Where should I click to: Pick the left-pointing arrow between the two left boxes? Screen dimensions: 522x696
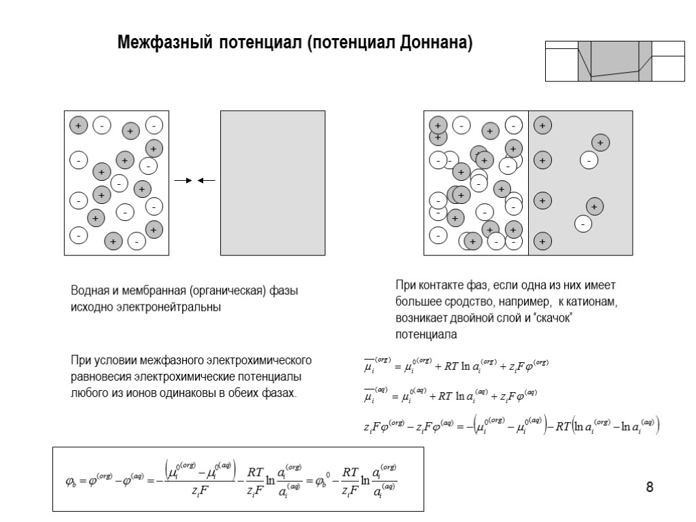[206, 181]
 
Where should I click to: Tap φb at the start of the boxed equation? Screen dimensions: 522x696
[70, 481]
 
